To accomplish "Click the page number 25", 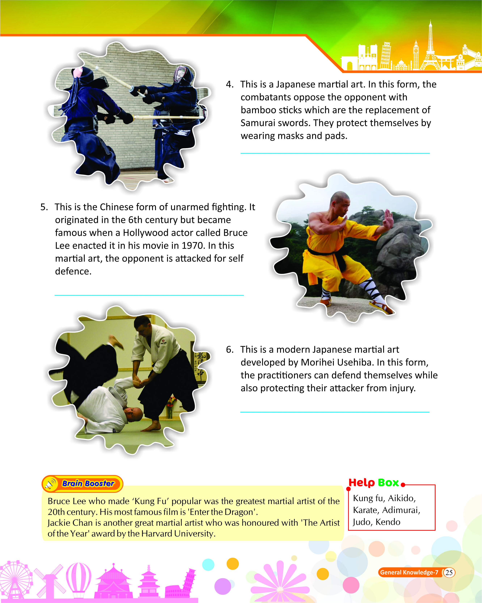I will (449, 572).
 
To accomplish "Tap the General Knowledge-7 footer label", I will (409, 572).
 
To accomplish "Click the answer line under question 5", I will (149, 295).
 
